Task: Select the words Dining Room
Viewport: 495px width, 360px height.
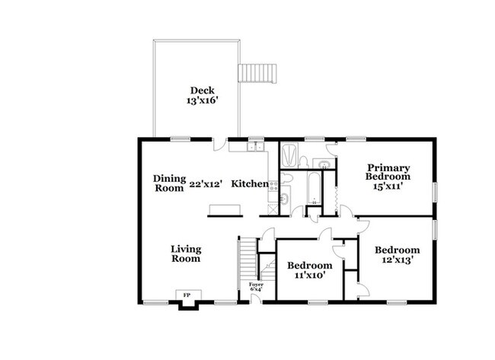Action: (x=169, y=183)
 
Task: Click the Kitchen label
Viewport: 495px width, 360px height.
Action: (x=250, y=183)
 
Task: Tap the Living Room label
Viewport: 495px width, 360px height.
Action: (x=185, y=253)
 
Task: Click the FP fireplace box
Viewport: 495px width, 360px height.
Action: (x=186, y=295)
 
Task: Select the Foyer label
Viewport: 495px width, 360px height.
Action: (x=257, y=286)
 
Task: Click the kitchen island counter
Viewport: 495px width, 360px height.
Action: (x=225, y=209)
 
